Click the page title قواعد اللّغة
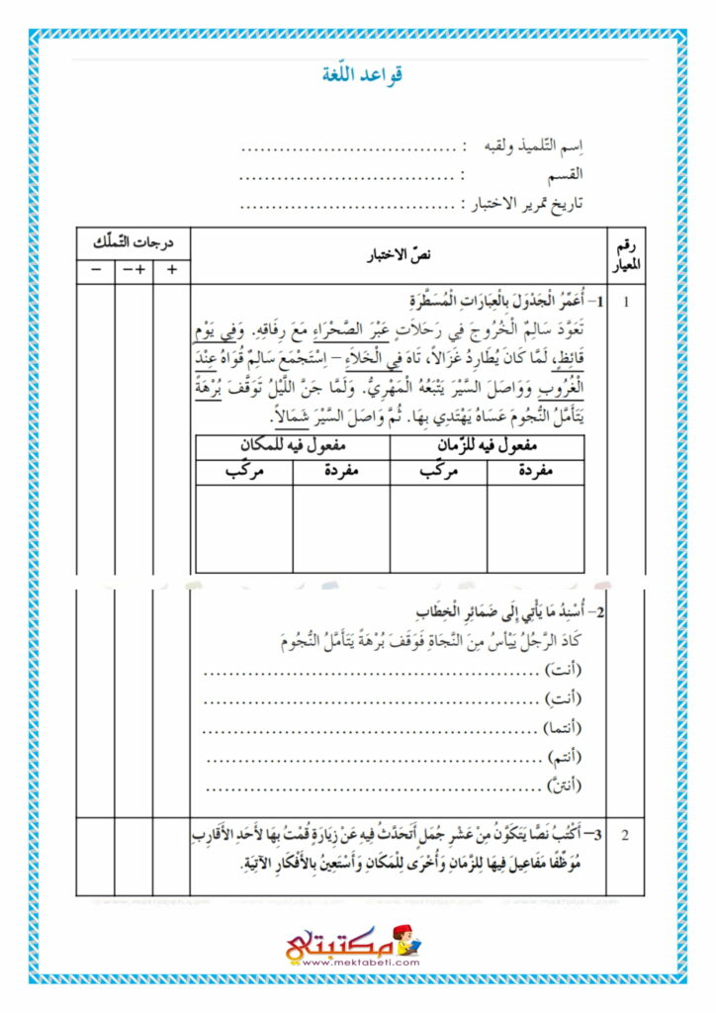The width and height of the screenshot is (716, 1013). [x=363, y=75]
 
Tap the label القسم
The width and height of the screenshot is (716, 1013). [x=566, y=176]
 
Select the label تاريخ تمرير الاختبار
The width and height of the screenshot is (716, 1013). [x=527, y=204]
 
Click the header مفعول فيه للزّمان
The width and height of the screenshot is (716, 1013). [x=488, y=447]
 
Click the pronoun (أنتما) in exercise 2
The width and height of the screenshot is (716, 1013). [x=562, y=729]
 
